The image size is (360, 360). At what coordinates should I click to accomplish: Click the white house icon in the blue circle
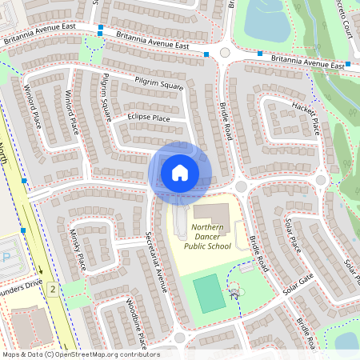[179, 172]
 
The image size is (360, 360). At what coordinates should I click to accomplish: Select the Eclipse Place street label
[149, 118]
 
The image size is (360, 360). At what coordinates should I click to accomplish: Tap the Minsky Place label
[77, 247]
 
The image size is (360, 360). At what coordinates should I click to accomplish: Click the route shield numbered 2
[53, 288]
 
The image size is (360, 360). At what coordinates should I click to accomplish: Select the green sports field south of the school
[209, 294]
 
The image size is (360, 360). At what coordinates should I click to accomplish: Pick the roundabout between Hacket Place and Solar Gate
[320, 180]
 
